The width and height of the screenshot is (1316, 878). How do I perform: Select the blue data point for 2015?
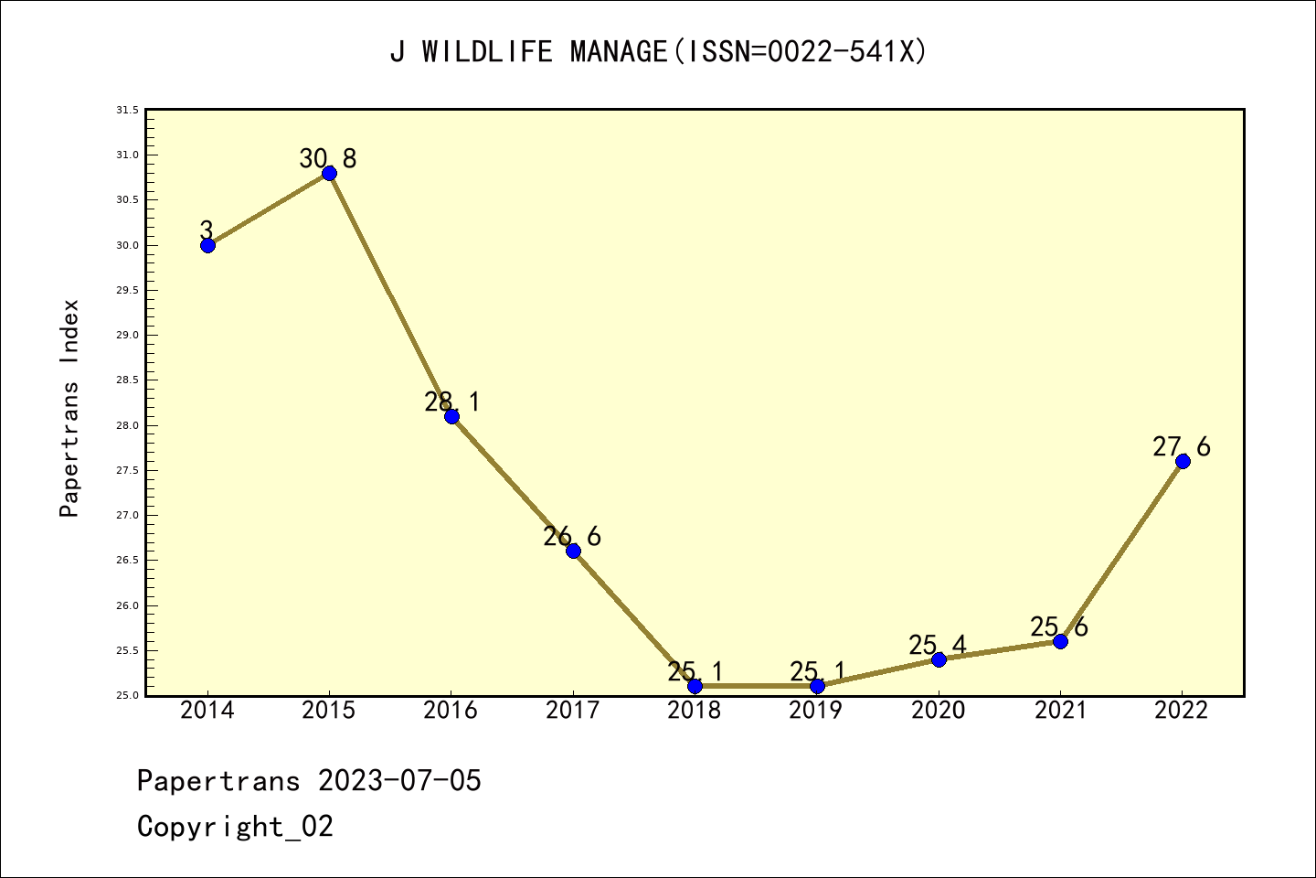[x=329, y=174]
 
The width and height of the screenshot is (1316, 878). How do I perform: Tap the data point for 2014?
[x=207, y=245]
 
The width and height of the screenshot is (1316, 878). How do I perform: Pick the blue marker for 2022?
[x=1183, y=461]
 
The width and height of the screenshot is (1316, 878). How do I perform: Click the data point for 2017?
[x=573, y=551]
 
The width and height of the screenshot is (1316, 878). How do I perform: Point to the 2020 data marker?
[x=939, y=659]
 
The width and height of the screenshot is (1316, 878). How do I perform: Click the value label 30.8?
[x=328, y=159]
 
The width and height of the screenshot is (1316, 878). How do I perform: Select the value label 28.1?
[x=451, y=402]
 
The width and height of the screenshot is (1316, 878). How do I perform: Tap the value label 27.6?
[x=1181, y=446]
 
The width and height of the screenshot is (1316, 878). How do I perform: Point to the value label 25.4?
[x=937, y=645]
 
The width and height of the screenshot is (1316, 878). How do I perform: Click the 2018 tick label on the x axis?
[x=695, y=711]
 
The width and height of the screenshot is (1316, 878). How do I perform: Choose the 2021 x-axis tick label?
[x=1060, y=711]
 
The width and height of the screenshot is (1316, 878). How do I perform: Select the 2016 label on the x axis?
[x=451, y=711]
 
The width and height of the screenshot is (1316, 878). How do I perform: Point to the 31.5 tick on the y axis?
[x=127, y=111]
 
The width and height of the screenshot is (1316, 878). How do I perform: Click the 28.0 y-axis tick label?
[x=127, y=425]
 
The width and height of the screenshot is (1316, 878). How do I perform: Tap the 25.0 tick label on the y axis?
[x=127, y=696]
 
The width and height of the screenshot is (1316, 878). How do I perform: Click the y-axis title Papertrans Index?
[x=69, y=408]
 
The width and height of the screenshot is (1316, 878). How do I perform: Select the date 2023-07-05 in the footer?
[x=399, y=781]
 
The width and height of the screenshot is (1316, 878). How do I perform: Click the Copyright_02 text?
[x=235, y=827]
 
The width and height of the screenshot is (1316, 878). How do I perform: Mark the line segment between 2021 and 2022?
[x=1121, y=551]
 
